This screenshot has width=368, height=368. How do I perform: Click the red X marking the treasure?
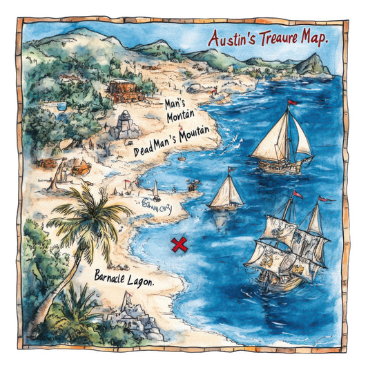[x=180, y=244]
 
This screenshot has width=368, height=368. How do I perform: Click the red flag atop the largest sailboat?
[x=292, y=104]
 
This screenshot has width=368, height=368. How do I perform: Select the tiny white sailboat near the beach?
[x=156, y=191]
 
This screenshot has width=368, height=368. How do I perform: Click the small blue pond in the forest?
[x=60, y=107]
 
